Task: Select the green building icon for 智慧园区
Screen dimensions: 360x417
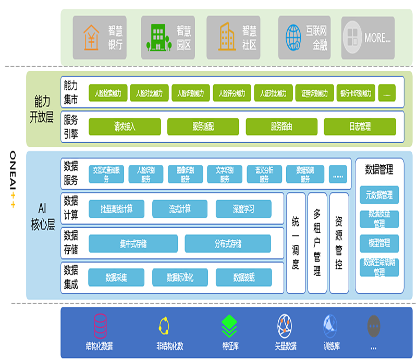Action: click(x=156, y=38)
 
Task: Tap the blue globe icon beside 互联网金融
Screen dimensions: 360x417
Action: click(x=293, y=37)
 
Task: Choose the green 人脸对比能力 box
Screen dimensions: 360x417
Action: click(x=149, y=93)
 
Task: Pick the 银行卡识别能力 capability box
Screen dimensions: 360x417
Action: click(x=355, y=93)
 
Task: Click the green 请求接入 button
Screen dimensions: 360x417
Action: click(x=125, y=127)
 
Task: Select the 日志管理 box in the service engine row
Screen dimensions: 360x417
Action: click(x=360, y=127)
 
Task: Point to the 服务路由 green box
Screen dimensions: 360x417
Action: click(x=281, y=127)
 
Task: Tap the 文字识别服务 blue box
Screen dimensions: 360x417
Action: click(x=224, y=174)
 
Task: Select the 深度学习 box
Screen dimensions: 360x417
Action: click(x=243, y=209)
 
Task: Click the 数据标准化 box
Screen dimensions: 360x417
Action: click(x=180, y=278)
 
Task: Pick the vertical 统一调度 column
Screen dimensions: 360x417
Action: click(x=295, y=243)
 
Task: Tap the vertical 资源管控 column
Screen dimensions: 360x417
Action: click(x=339, y=243)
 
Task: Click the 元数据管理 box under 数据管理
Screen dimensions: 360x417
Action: click(x=379, y=195)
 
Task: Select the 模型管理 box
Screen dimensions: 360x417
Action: click(x=379, y=243)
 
